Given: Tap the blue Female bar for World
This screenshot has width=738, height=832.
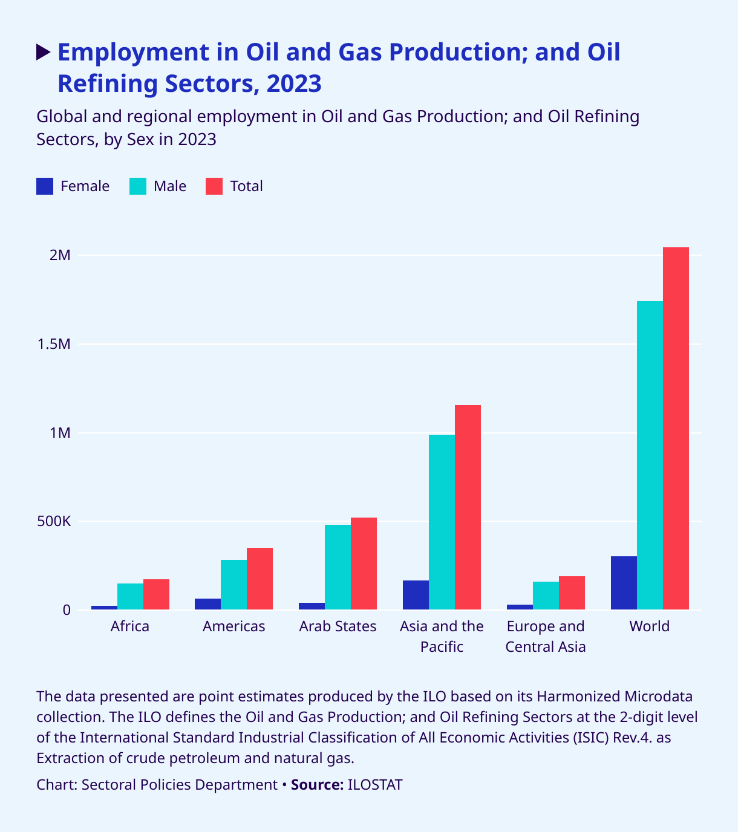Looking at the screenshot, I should pyautogui.click(x=624, y=583).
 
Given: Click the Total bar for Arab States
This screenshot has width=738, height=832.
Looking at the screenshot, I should pyautogui.click(x=364, y=564).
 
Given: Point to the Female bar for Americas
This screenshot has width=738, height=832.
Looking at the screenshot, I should pyautogui.click(x=207, y=604).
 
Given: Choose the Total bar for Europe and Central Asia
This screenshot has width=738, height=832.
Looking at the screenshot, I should pyautogui.click(x=572, y=593).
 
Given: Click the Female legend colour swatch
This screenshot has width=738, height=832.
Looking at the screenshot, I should pyautogui.click(x=45, y=186).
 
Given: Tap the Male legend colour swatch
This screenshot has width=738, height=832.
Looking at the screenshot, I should pyautogui.click(x=138, y=186).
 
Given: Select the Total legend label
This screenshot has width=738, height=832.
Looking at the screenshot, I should pyautogui.click(x=246, y=186).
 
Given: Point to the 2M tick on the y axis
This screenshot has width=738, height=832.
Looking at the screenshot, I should pyautogui.click(x=60, y=255).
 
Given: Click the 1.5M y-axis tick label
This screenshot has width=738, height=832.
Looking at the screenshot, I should pyautogui.click(x=54, y=344).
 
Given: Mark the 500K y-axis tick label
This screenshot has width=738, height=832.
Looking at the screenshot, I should pyautogui.click(x=54, y=521).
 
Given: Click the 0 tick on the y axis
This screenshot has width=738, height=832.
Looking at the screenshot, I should pyautogui.click(x=66, y=610).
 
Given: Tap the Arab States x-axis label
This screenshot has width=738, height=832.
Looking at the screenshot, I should pyautogui.click(x=338, y=626).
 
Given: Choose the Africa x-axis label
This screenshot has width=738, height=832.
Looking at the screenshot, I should pyautogui.click(x=130, y=626).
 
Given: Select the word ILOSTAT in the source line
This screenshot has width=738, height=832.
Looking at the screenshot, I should pyautogui.click(x=375, y=785).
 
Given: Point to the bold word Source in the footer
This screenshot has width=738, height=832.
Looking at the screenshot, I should pyautogui.click(x=317, y=785).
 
